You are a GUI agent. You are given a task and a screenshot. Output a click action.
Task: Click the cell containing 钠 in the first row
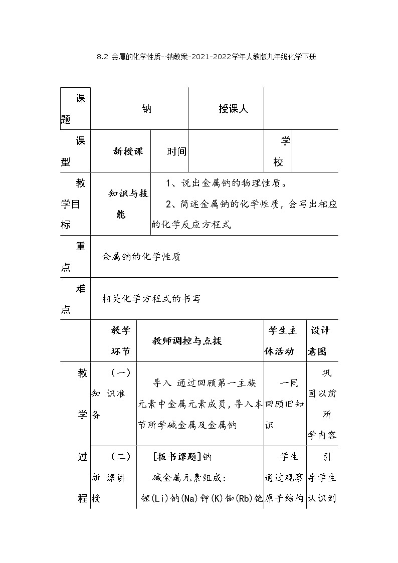(146, 109)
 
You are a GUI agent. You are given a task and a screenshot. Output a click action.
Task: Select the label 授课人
(233, 109)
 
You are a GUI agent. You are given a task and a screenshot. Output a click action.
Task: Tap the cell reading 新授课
(128, 151)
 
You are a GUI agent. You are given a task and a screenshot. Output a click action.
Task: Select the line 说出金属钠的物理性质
(227, 183)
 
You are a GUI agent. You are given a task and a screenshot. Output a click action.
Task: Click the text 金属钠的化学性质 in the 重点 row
(141, 257)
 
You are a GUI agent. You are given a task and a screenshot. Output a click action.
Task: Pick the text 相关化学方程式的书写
(151, 299)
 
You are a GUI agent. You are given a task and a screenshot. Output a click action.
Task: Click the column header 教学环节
(121, 341)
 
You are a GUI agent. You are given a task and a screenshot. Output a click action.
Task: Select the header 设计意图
(321, 341)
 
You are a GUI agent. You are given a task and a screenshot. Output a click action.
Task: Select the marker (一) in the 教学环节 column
(121, 372)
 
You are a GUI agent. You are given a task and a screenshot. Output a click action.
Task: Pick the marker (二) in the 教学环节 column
(121, 457)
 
